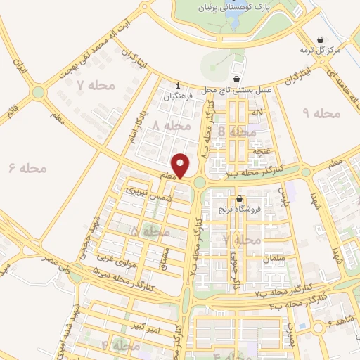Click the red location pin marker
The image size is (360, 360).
(x=181, y=166)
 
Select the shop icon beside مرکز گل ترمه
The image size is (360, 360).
(x=321, y=39)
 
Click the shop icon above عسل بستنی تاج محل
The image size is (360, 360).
(x=236, y=78)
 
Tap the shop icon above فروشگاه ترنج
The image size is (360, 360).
(x=240, y=198)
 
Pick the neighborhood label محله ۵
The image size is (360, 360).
(x=150, y=231)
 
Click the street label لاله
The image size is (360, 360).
(x=258, y=112)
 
